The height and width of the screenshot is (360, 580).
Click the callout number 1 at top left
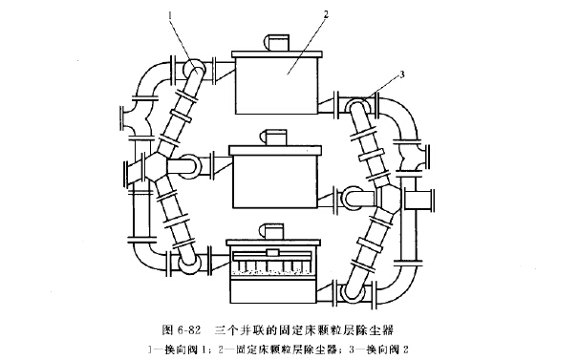point(168,16)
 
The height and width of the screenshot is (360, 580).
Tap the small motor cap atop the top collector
point(278,41)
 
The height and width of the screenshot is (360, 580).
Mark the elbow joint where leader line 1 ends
point(191,73)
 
